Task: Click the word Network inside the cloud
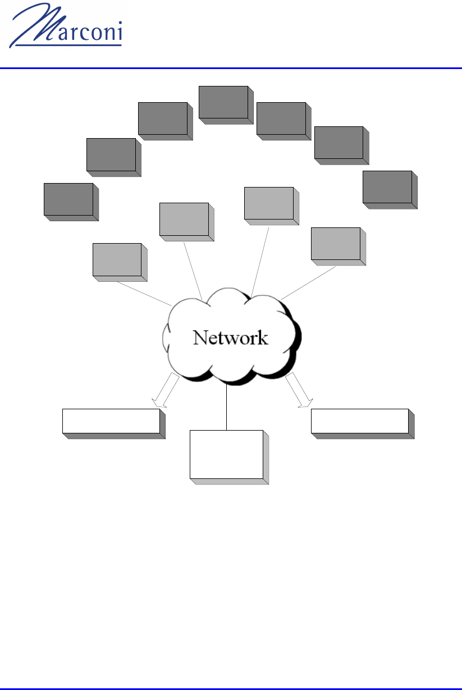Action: (x=230, y=337)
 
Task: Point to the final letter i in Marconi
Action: (x=119, y=34)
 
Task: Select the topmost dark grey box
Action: (x=223, y=102)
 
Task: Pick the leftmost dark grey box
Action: (x=68, y=199)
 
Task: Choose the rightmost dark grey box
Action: (x=387, y=187)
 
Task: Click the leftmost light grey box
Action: (x=117, y=259)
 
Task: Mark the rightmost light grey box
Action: (x=335, y=244)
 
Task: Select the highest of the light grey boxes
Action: (x=269, y=203)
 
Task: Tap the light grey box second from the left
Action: (x=184, y=219)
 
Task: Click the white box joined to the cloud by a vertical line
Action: (x=226, y=454)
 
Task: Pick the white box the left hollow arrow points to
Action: (x=111, y=421)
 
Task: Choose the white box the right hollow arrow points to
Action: (x=359, y=421)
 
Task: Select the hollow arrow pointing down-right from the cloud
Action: (x=299, y=391)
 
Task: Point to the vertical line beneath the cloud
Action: (x=226, y=407)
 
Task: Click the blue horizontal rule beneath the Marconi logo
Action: (x=231, y=68)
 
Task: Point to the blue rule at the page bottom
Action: (x=231, y=688)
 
